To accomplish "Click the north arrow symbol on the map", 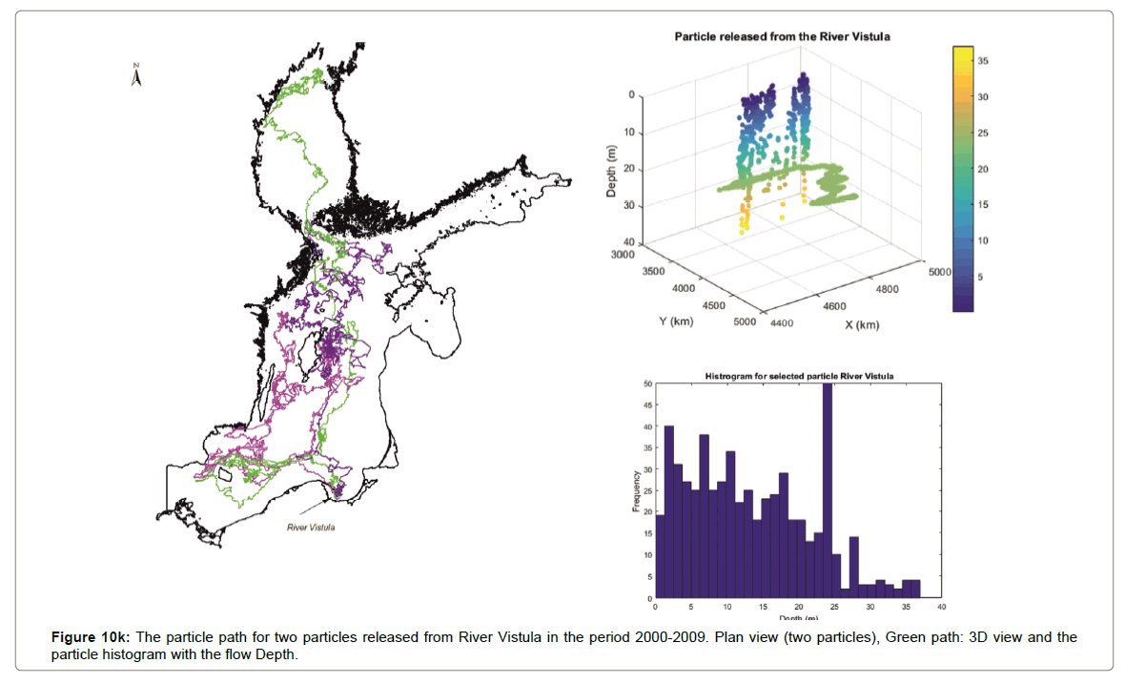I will click(x=136, y=75).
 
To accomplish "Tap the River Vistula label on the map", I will click(x=312, y=526).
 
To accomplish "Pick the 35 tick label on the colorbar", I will click(x=983, y=60).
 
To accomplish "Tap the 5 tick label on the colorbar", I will click(x=980, y=277).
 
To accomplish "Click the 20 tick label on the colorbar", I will click(x=983, y=169).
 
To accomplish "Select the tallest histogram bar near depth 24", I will click(x=827, y=490).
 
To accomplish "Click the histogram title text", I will click(x=799, y=376).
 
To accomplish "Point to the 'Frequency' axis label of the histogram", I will click(x=636, y=491).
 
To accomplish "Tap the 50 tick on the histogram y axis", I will click(x=647, y=384).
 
